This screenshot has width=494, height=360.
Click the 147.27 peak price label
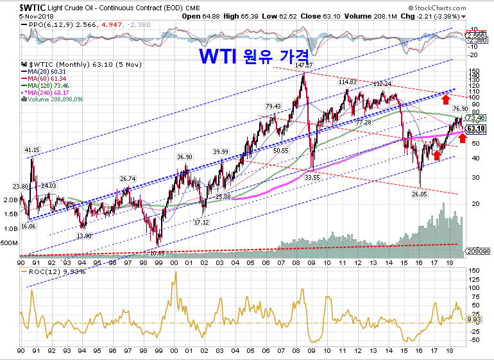coord(303,65)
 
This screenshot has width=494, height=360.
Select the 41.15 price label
coord(32,150)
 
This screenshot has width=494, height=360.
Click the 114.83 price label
coord(347,82)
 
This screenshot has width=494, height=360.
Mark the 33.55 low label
coord(312,177)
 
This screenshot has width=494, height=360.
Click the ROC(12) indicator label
coord(44,271)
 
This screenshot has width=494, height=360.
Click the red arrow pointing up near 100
coord(445,98)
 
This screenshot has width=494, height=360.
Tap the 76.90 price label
coord(460,109)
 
